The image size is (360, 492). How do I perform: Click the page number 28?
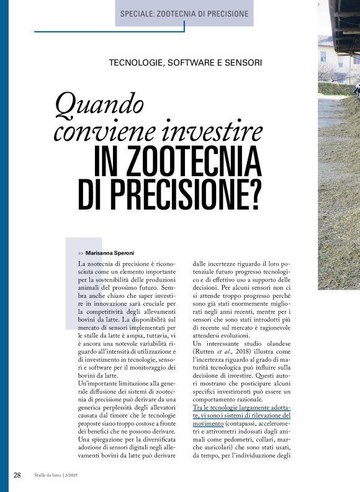click(x=17, y=475)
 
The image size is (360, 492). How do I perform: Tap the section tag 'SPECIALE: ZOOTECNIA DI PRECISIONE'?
click(x=184, y=14)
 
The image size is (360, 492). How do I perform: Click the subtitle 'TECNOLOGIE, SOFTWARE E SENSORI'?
click(x=185, y=63)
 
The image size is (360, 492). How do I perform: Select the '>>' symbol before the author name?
click(x=81, y=254)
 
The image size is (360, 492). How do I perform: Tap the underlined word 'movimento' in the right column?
click(x=209, y=424)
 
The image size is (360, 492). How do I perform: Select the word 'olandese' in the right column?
click(x=274, y=343)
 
